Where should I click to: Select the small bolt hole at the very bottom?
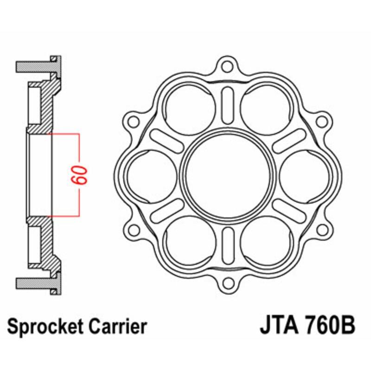tap(227, 283)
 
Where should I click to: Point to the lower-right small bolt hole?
tap(320, 229)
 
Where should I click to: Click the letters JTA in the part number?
tap(276, 326)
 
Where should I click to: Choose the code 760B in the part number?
tap(328, 326)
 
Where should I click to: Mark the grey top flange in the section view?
tap(35, 66)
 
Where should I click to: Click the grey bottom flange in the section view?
tap(35, 282)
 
